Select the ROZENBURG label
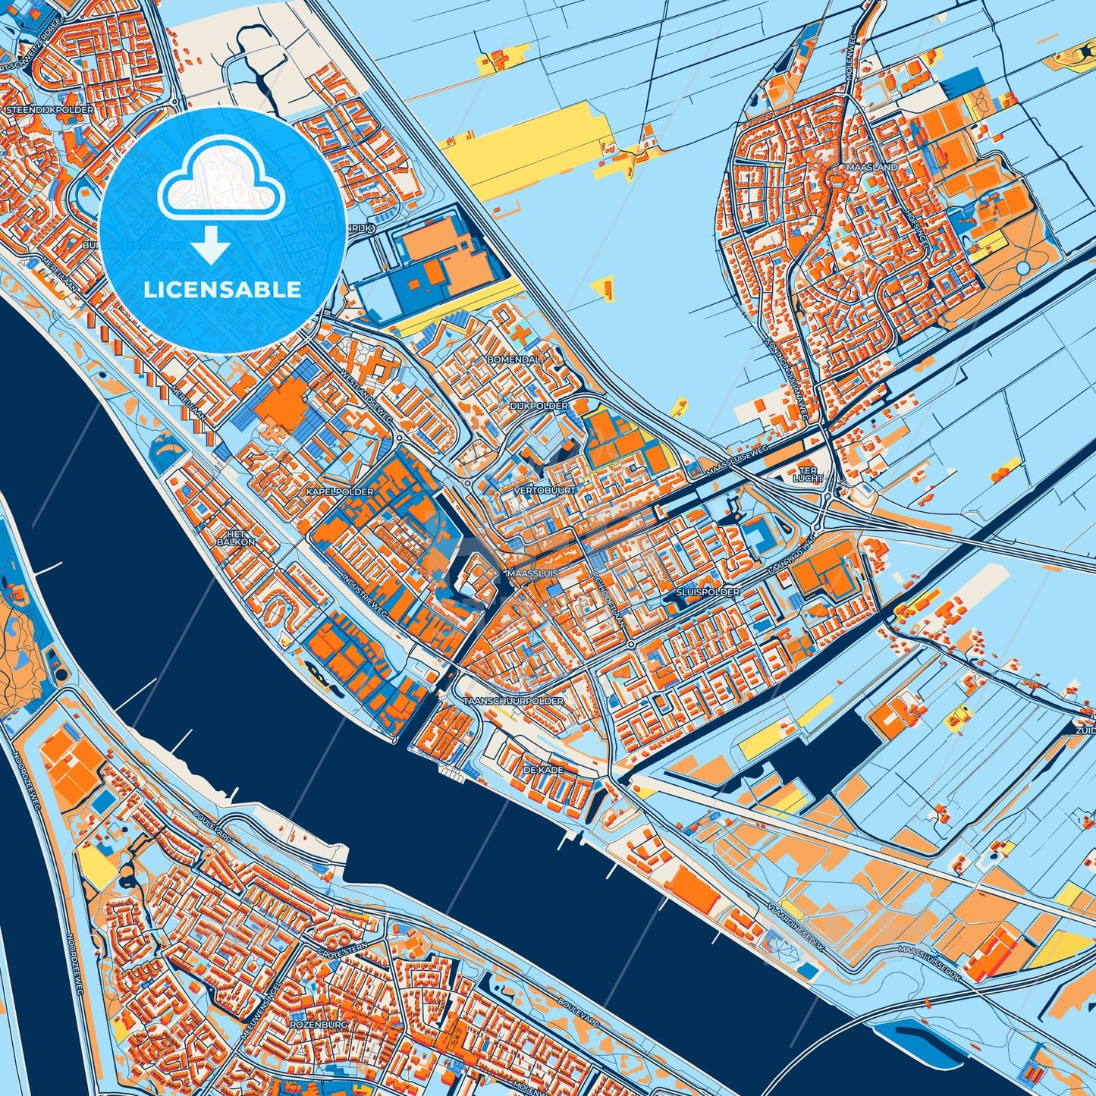click(318, 1025)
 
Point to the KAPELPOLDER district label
click(340, 492)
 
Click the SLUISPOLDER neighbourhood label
click(708, 592)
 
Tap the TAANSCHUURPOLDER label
click(513, 702)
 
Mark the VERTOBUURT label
click(545, 491)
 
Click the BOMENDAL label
click(514, 359)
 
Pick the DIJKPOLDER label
click(539, 407)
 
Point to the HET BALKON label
click(236, 539)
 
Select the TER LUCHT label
click(808, 473)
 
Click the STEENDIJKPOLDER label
click(50, 110)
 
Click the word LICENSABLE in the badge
click(223, 290)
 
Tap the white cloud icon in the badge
click(221, 179)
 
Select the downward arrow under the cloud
click(211, 246)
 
